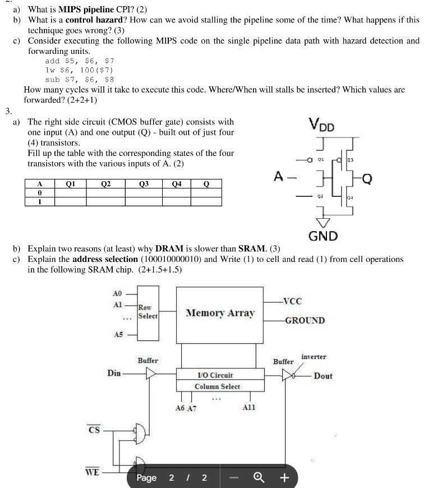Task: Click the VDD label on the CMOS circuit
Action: [x=321, y=125]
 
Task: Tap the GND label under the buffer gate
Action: [x=322, y=236]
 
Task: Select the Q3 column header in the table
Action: [x=144, y=183]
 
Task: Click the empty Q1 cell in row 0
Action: [x=70, y=192]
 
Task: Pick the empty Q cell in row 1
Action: [x=206, y=201]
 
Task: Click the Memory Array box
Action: [x=220, y=314]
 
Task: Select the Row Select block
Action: [x=148, y=312]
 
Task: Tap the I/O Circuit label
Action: [x=215, y=375]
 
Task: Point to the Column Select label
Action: [x=217, y=386]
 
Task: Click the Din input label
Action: [x=114, y=373]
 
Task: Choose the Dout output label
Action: [x=323, y=376]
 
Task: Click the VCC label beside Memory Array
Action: [x=292, y=301]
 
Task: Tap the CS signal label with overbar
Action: [x=94, y=430]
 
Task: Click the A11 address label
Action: [x=248, y=408]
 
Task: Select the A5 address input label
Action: [x=118, y=334]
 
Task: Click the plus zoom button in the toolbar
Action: [x=284, y=478]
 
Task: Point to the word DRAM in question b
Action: [x=169, y=248]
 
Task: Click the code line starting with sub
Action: [x=80, y=79]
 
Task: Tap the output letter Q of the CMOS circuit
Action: [x=367, y=179]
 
